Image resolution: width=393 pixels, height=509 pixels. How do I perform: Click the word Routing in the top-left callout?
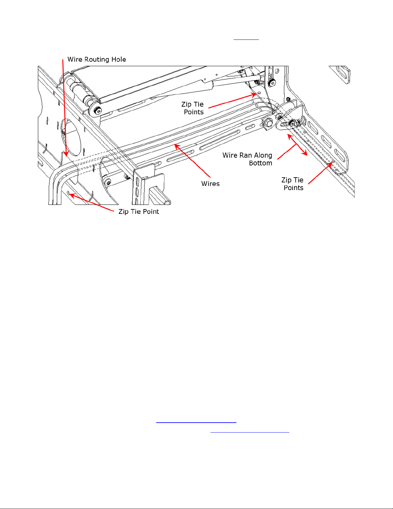pos(97,60)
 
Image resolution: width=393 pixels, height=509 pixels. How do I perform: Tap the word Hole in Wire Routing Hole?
pos(118,59)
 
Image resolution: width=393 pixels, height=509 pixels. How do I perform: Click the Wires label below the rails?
pos(210,184)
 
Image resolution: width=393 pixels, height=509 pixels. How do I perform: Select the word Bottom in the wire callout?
pos(261,163)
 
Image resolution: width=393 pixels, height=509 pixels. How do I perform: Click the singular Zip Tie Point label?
pos(139,212)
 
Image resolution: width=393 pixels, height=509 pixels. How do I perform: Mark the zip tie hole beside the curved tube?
pos(68,193)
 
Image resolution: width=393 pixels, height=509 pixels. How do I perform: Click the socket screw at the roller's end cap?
pos(97,111)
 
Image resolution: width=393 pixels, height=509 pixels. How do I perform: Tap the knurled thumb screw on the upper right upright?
pos(272,83)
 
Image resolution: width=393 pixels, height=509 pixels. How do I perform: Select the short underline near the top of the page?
pos(246,39)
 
